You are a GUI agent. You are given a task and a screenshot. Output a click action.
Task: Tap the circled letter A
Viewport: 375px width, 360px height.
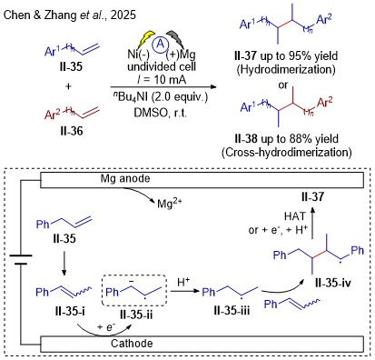(x=161, y=45)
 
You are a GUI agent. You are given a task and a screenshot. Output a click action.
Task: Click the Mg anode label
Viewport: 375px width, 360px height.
(x=125, y=178)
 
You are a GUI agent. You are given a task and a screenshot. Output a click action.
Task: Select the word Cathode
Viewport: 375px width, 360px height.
(x=132, y=344)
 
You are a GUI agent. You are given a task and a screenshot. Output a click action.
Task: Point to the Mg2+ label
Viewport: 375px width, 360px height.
(x=170, y=203)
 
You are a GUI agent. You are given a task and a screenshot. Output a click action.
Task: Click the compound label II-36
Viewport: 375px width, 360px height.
(x=72, y=131)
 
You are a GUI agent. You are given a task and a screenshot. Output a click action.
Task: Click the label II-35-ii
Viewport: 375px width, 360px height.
(x=136, y=315)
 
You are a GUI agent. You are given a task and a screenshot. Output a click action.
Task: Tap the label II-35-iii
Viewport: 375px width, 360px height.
(x=232, y=311)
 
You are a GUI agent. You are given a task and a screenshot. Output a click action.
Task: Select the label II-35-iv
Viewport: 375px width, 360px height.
(x=333, y=283)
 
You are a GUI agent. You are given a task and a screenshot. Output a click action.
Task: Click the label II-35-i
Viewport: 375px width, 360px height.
(x=70, y=311)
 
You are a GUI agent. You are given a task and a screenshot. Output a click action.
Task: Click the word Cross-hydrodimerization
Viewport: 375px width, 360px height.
(x=287, y=152)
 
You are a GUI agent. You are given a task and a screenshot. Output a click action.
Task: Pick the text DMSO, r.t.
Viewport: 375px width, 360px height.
(x=161, y=113)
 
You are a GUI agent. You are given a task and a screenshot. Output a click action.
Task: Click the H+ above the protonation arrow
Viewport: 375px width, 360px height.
(x=183, y=282)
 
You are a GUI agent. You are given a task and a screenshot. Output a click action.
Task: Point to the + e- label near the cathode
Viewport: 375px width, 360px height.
(x=106, y=327)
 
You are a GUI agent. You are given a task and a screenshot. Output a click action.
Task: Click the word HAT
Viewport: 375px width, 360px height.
(x=295, y=216)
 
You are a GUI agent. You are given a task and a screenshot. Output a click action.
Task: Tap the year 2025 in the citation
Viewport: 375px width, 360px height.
(x=123, y=15)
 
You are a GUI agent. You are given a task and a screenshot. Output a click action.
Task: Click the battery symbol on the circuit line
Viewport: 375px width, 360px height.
(x=21, y=259)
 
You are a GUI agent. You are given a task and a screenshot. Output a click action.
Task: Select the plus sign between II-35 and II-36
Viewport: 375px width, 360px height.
(x=68, y=86)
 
